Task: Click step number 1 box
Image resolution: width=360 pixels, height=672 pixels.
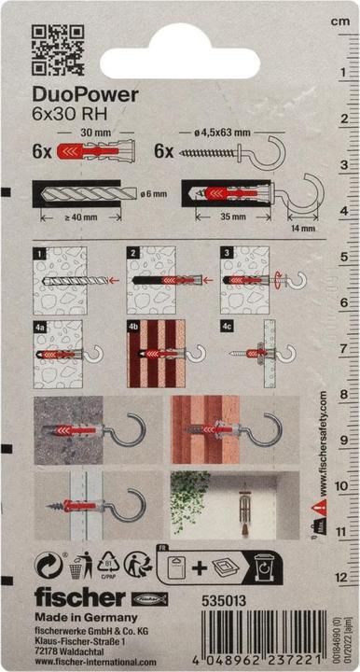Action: (38, 252)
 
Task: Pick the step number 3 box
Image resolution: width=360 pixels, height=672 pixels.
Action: (228, 252)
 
